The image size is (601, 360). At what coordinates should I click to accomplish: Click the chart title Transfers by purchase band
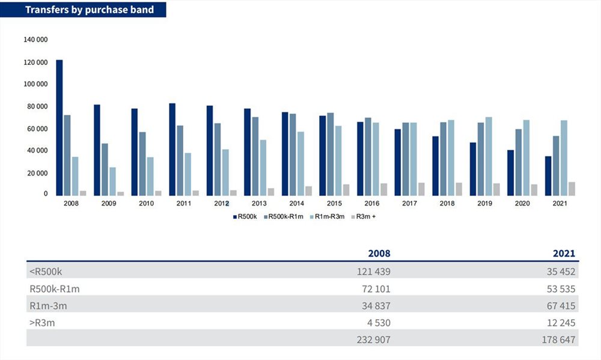pyautogui.click(x=89, y=10)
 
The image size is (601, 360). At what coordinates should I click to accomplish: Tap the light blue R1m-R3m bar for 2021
pyautogui.click(x=564, y=157)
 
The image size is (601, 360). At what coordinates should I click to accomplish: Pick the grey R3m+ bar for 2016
pyautogui.click(x=383, y=189)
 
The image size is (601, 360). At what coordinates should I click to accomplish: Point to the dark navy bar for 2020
pyautogui.click(x=511, y=172)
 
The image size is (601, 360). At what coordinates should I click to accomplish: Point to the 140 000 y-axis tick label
pyautogui.click(x=35, y=40)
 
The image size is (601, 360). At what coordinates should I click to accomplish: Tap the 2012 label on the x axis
pyautogui.click(x=222, y=204)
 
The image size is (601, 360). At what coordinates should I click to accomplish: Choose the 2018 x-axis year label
pyautogui.click(x=447, y=204)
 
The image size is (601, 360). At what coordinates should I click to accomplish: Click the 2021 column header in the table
pyautogui.click(x=564, y=254)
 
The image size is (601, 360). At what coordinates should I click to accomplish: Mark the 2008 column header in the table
pyautogui.click(x=378, y=254)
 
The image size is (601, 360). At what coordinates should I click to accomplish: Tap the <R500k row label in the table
pyautogui.click(x=46, y=271)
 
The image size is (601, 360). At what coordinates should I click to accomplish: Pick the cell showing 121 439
pyautogui.click(x=373, y=271)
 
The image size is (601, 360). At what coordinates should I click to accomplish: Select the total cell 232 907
pyautogui.click(x=373, y=340)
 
